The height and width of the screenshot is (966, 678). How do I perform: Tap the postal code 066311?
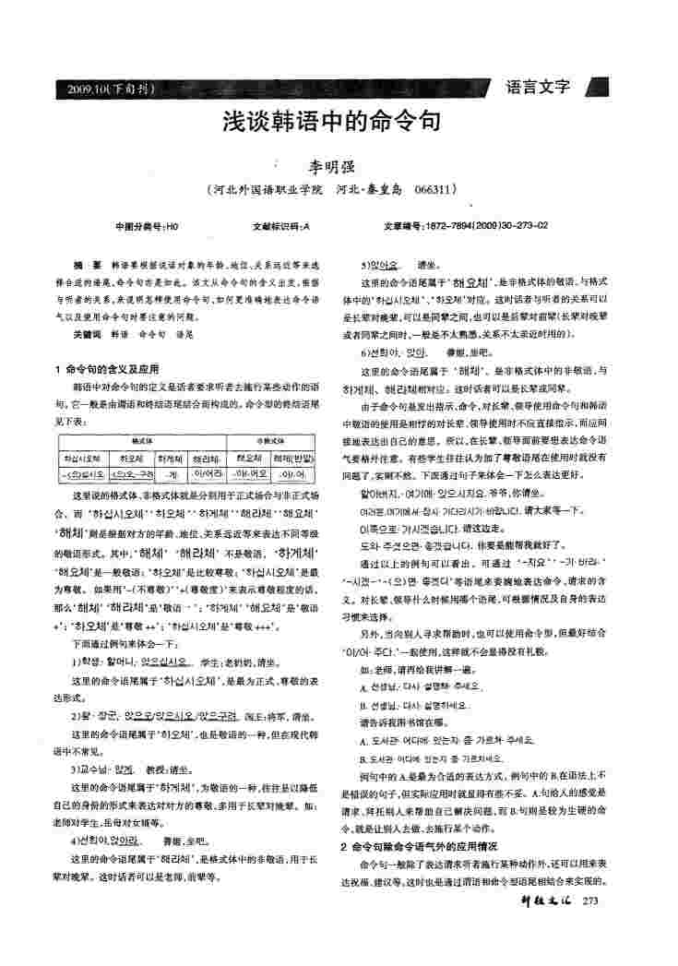436,190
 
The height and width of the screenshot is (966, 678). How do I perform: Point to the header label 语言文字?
540,88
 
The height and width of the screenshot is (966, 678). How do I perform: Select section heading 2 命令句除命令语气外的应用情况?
419,846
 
